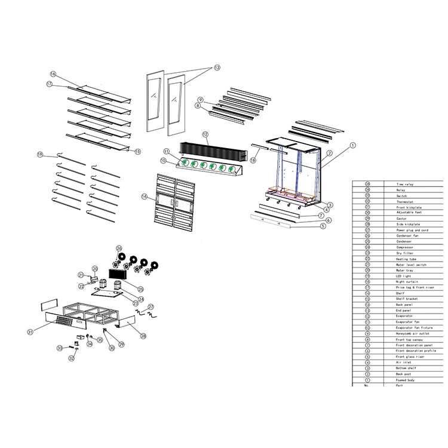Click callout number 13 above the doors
[217, 67]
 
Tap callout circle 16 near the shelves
[53, 74]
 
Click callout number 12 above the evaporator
[205, 134]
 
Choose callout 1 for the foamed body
[352, 145]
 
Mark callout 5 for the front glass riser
[323, 226]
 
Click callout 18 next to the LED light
[253, 161]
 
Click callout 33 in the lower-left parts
[60, 348]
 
